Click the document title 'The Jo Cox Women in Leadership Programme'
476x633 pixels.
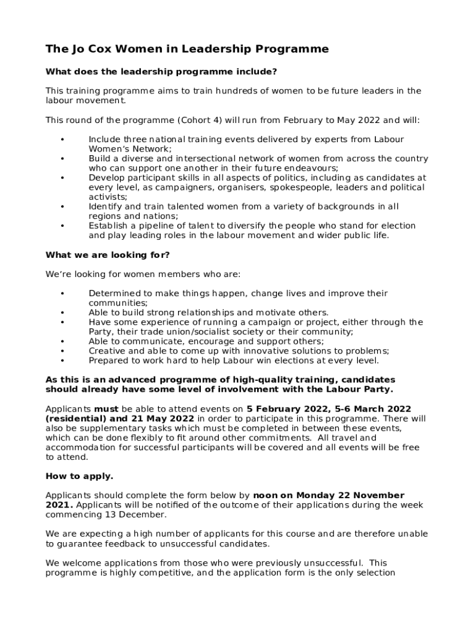pyautogui.click(x=187, y=49)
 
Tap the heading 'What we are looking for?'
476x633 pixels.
pyautogui.click(x=108, y=255)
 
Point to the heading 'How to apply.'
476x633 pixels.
pyautogui.click(x=80, y=477)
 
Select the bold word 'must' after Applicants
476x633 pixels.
pyautogui.click(x=106, y=409)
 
